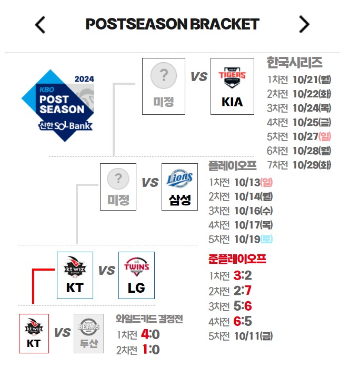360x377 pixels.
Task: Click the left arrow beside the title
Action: [41, 25]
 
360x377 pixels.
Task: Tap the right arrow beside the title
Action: [304, 24]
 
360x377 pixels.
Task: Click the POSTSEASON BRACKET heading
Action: [172, 24]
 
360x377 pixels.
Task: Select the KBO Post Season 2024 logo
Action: [59, 105]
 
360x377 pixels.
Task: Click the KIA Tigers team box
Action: [232, 86]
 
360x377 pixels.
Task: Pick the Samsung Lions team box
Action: [180, 187]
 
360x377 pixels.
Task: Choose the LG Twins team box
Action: [136, 275]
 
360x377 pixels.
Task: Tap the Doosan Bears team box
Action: [89, 333]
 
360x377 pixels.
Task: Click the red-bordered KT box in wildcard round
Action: [34, 333]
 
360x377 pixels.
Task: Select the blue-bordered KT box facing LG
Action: [75, 275]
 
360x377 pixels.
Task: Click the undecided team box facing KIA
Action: [164, 86]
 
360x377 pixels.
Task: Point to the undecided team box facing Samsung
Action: [118, 187]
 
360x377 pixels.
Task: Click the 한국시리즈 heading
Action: [295, 63]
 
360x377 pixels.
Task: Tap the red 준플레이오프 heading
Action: [237, 259]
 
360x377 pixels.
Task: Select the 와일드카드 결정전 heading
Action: [149, 319]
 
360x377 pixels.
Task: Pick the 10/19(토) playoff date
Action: [254, 239]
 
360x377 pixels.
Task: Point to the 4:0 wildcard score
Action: [151, 334]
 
